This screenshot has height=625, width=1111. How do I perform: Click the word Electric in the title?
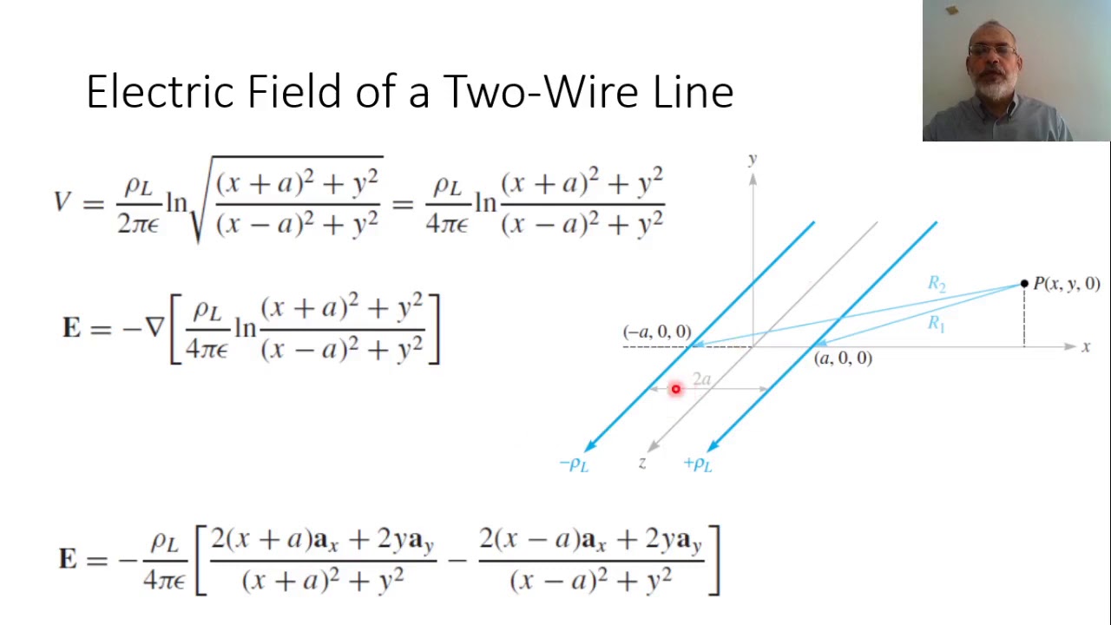[161, 91]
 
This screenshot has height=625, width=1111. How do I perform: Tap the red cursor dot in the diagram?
[675, 389]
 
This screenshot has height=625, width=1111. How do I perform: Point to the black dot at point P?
[1024, 284]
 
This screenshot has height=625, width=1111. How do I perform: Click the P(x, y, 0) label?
[1067, 284]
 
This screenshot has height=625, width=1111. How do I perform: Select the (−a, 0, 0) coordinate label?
[657, 332]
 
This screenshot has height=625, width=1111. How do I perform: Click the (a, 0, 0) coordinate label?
[843, 359]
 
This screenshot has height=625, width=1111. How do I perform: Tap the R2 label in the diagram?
[937, 284]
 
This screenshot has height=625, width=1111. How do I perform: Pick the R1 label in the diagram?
[936, 324]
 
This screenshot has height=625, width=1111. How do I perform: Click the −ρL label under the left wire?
[575, 464]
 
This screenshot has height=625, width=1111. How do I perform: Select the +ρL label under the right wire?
[698, 464]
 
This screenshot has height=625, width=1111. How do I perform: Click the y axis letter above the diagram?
[753, 159]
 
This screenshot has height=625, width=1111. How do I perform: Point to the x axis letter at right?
[1086, 347]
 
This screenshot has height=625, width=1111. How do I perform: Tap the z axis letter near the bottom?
[642, 464]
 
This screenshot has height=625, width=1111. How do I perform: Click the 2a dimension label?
[701, 379]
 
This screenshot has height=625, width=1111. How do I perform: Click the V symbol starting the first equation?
[62, 202]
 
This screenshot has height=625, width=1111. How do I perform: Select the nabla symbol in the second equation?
[154, 328]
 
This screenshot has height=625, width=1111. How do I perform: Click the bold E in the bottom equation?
[68, 558]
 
